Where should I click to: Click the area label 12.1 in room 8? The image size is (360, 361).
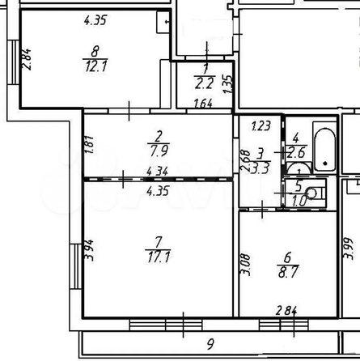tap(96, 66)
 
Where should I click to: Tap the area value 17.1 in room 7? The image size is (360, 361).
tap(159, 257)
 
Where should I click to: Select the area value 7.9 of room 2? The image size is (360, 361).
tap(159, 151)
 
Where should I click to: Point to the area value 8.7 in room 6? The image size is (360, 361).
tap(287, 272)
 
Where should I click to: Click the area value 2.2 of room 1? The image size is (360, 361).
tap(204, 83)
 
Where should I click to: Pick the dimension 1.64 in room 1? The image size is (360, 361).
tap(203, 104)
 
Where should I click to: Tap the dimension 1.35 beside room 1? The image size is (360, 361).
tap(228, 84)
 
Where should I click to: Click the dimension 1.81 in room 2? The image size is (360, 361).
tap(90, 145)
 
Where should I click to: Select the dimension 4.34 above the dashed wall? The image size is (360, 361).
tap(158, 171)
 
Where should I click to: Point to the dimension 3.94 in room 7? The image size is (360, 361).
tap(89, 250)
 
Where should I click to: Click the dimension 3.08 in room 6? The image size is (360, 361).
tap(245, 265)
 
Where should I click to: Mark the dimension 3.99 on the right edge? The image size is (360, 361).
tap(348, 248)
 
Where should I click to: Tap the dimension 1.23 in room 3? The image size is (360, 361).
tap(260, 125)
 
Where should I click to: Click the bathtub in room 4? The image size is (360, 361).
tap(325, 150)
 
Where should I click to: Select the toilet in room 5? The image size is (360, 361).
tap(315, 193)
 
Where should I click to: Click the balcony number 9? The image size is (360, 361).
tap(210, 344)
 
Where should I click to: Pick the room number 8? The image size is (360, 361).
tap(95, 51)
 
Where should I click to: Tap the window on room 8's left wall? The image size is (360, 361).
tap(13, 62)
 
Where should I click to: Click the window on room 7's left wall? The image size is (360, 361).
tap(76, 266)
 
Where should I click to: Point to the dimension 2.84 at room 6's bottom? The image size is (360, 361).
tap(286, 311)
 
